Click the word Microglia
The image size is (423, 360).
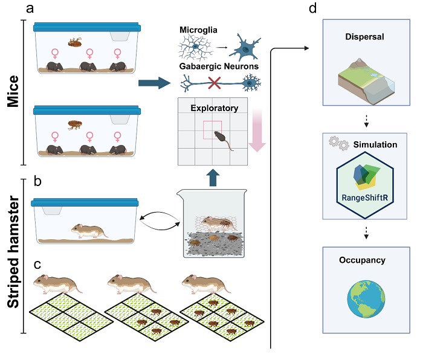198,30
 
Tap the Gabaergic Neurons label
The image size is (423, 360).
219,66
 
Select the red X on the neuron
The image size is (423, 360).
215,83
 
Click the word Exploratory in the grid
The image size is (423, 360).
215,108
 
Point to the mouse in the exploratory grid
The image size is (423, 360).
222,140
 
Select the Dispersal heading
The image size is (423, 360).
364,37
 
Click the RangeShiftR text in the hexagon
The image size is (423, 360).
365,198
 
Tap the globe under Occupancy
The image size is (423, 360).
366,299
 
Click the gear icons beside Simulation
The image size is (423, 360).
339,143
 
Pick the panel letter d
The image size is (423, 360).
312,8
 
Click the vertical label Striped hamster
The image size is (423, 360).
13,251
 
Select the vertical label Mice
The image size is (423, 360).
13,91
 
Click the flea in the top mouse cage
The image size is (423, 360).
75,42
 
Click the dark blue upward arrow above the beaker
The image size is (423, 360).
213,178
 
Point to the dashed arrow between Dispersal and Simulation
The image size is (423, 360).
366,121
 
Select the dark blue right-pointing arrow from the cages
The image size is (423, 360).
155,83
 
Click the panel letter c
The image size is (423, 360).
37,265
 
